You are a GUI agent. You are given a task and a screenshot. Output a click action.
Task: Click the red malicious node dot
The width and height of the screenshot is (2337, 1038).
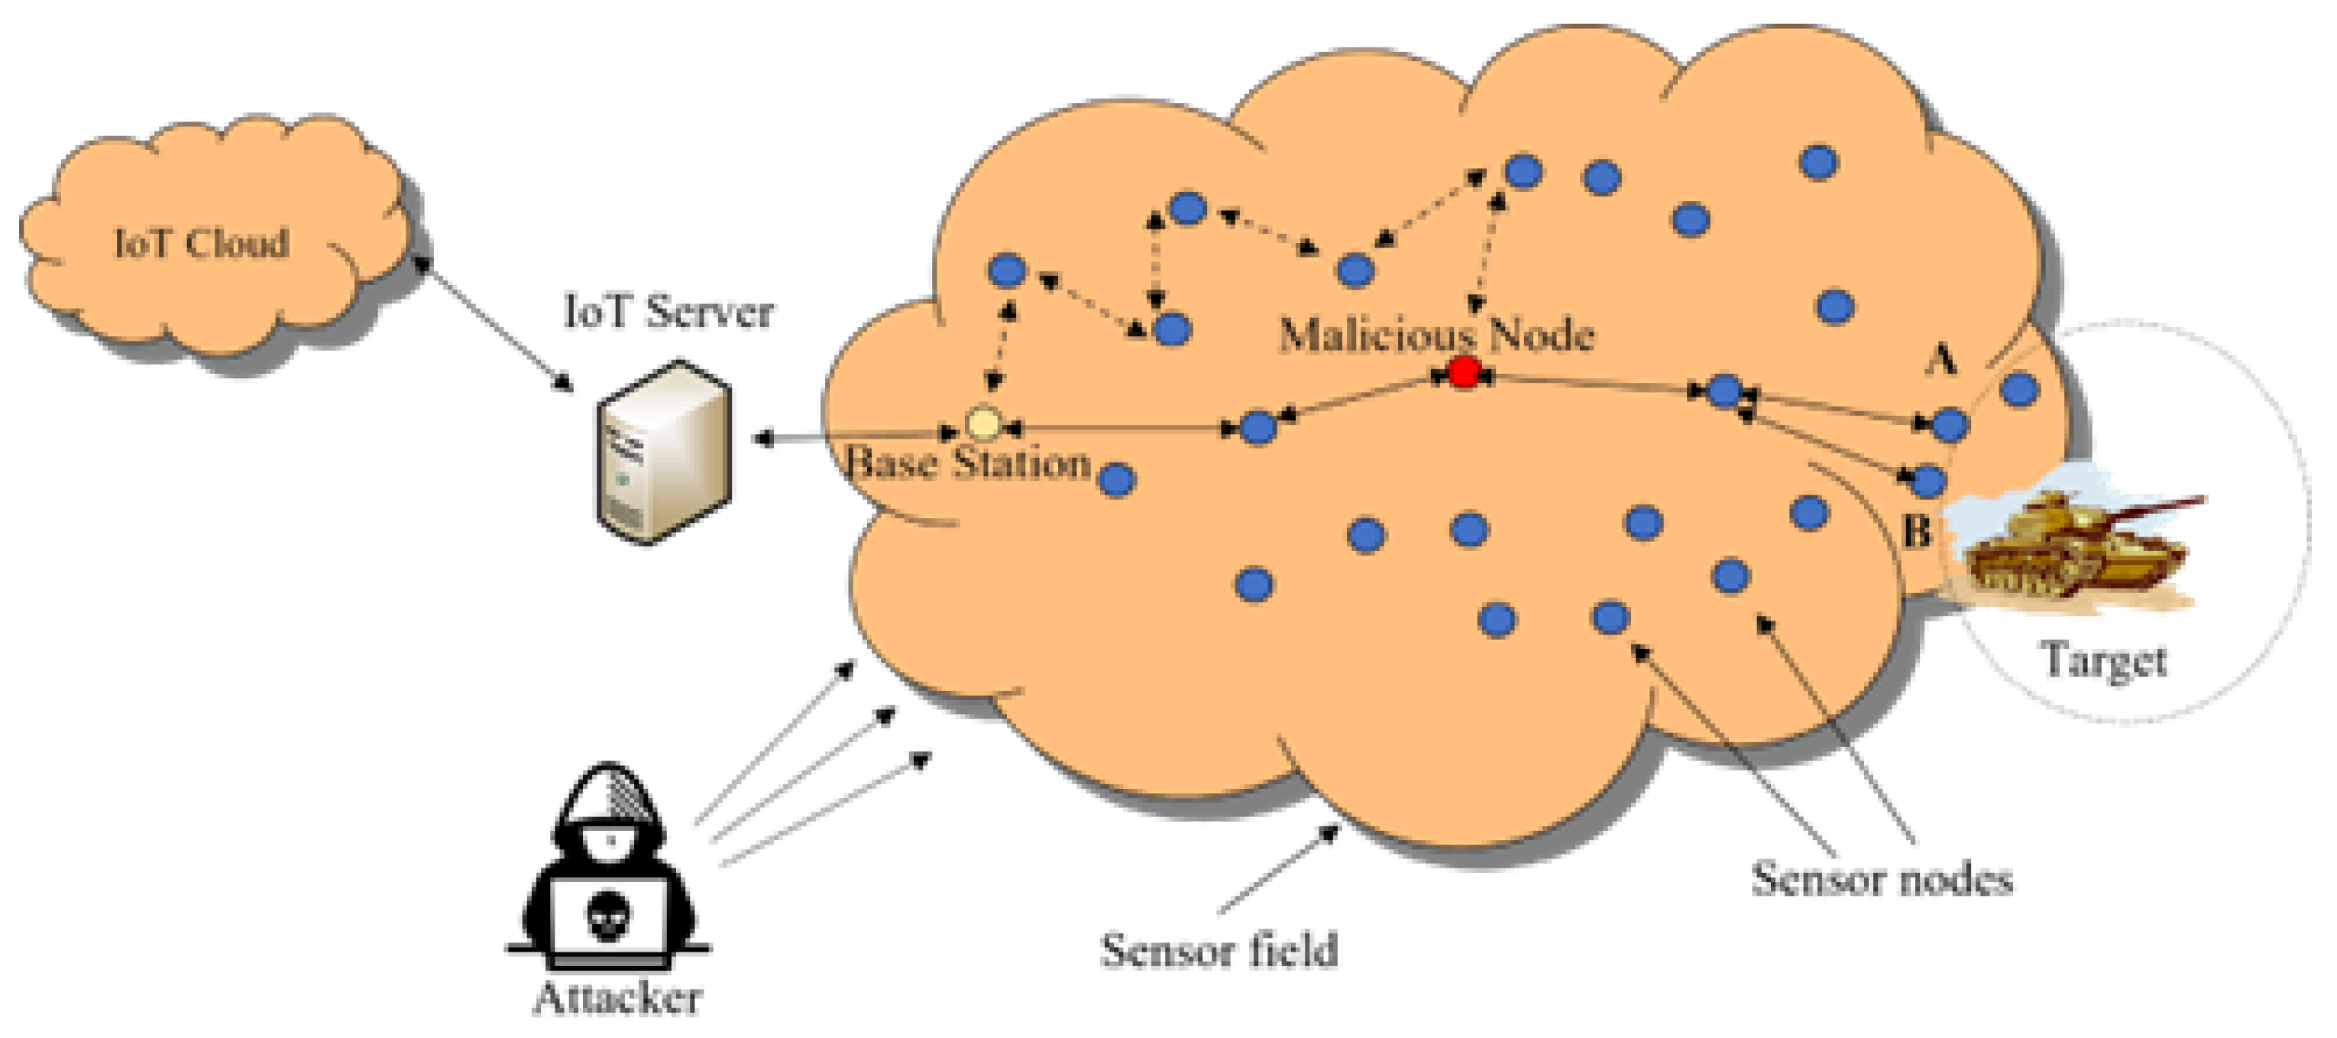coord(1463,372)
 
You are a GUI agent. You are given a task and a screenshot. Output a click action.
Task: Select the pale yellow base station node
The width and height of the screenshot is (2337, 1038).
coord(982,423)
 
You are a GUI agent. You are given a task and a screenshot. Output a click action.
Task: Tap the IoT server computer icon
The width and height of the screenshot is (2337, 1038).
coord(664,452)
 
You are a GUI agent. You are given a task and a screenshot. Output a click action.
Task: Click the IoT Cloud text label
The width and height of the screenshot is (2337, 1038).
coord(202,243)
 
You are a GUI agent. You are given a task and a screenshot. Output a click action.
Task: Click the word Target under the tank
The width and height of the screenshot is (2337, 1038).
coord(2104,660)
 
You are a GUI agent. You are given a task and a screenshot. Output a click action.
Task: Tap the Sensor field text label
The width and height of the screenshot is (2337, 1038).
coord(1219,951)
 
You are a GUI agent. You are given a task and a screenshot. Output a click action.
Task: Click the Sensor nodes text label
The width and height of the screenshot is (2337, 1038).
coord(1882,879)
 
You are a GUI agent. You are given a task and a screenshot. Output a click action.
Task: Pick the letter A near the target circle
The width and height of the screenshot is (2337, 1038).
coord(1940,360)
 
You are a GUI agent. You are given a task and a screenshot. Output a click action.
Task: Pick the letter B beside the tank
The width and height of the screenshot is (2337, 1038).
coord(1915,530)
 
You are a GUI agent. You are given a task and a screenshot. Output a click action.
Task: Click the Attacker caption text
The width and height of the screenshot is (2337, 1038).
coord(617,999)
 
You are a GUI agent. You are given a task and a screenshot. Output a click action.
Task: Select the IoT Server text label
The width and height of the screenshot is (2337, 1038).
coord(668,312)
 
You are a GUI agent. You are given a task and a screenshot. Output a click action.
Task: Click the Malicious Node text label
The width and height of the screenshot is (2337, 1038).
coord(1436,335)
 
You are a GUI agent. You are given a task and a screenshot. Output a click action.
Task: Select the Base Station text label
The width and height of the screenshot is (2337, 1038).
coord(967,464)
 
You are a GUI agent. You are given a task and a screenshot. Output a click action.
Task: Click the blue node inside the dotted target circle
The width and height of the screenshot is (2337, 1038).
coord(2019,390)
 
